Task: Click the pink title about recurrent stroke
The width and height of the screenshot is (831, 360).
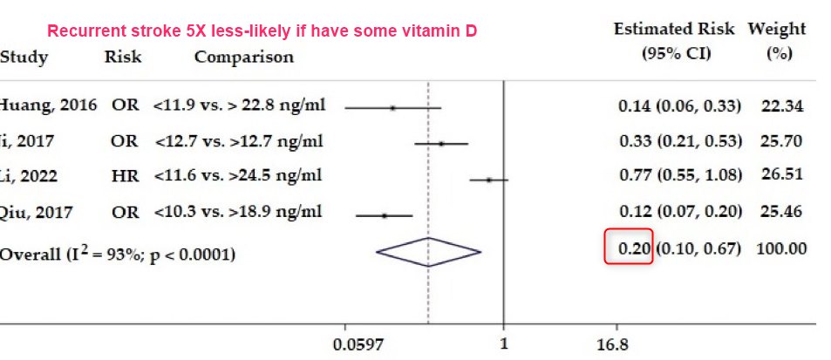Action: coord(262,31)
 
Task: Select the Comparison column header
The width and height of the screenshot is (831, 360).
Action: coord(243,58)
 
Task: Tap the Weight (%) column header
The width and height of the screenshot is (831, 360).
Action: coord(776,40)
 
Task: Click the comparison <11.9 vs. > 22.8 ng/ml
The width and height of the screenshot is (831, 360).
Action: coord(239,105)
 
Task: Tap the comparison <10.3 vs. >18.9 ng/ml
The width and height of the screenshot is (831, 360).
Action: coord(237,211)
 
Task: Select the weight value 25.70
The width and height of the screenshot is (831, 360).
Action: coord(780,141)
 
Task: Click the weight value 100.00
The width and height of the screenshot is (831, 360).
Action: coord(780,248)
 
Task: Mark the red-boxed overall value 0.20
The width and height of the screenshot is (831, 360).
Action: coord(629,248)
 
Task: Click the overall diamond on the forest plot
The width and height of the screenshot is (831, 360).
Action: coord(428,252)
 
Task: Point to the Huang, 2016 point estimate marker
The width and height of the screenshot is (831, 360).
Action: coord(392,107)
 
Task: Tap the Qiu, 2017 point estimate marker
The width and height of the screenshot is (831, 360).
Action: coord(384,214)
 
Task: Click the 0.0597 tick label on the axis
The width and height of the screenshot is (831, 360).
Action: coord(358,344)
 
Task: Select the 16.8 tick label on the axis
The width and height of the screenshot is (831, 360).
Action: coord(611,344)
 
